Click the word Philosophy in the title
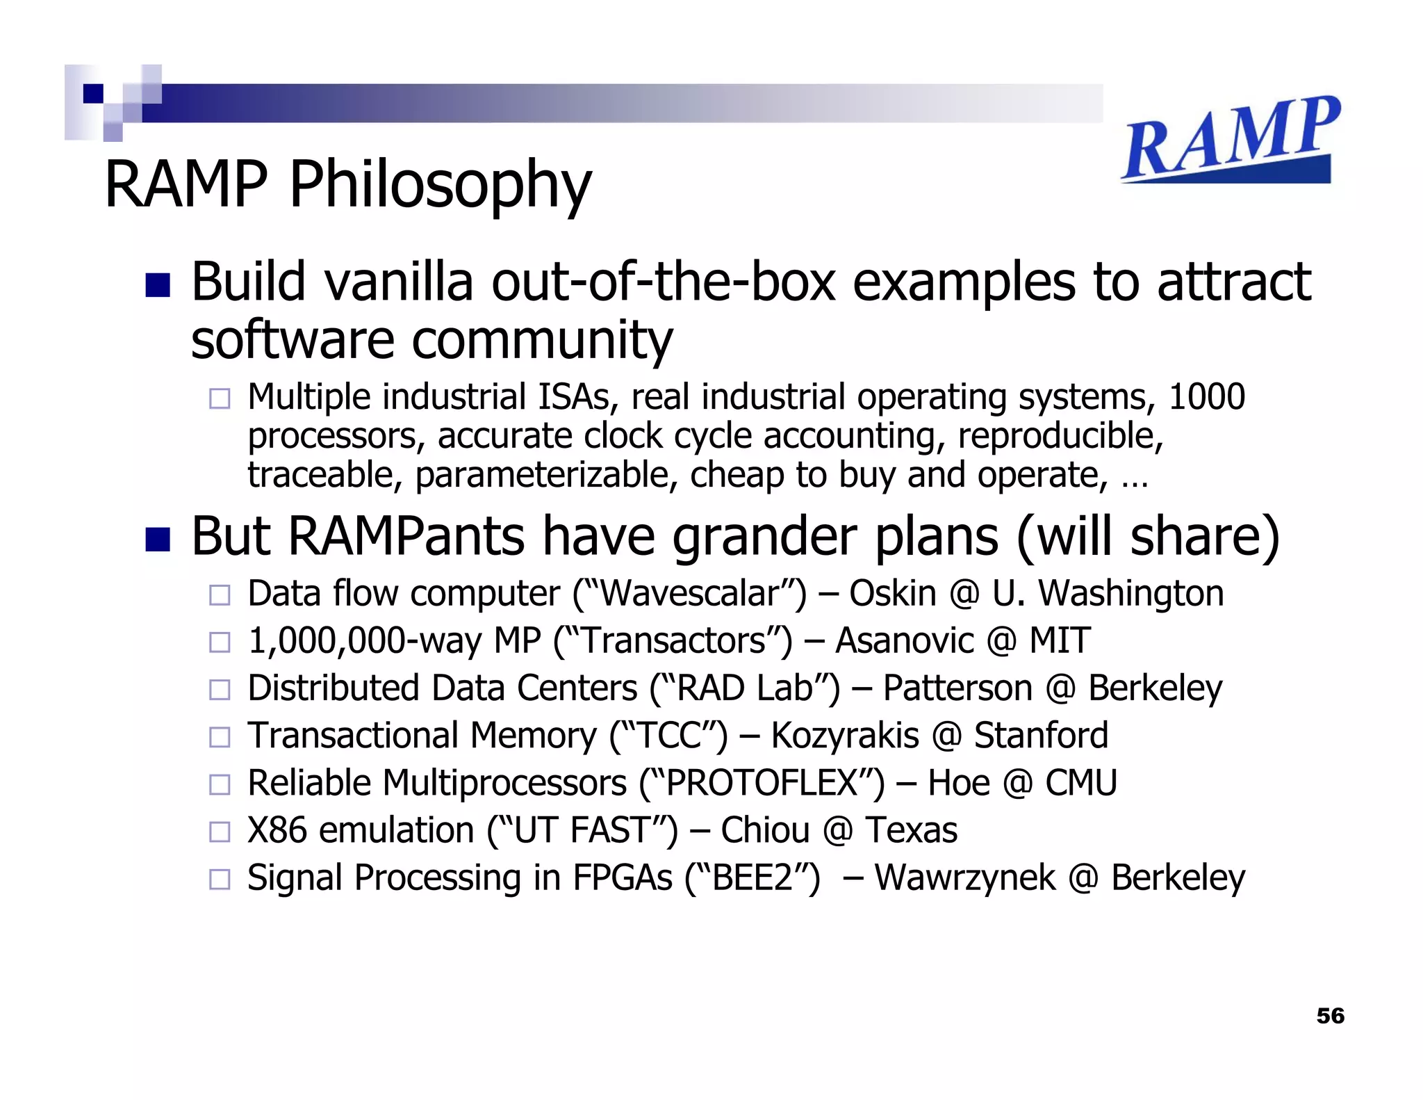pos(440,185)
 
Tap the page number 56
pos(1330,1016)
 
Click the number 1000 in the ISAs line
pos(1206,398)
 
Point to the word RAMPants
pos(406,537)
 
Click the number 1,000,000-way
pos(363,641)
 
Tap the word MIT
pos(1059,641)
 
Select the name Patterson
pos(957,688)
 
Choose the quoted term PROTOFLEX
pos(762,783)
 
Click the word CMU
pos(1081,783)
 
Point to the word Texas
pos(911,830)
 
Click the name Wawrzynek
pos(964,877)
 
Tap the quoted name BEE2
pos(752,877)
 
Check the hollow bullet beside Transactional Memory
pos(220,737)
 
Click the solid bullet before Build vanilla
pos(158,285)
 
